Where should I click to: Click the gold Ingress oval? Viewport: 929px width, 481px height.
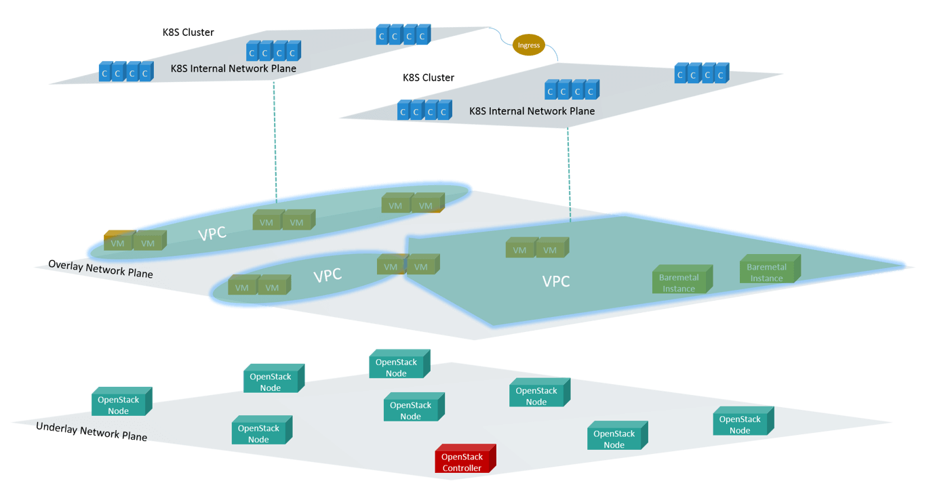(x=529, y=45)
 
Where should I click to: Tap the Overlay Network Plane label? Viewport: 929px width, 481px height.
(x=101, y=270)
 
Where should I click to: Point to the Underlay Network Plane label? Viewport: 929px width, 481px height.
(x=92, y=432)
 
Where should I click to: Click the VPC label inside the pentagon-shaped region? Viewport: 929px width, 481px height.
(x=556, y=281)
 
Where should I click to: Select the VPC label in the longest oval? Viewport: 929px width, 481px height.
(x=212, y=234)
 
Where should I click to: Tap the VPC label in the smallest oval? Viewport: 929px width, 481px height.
(x=328, y=276)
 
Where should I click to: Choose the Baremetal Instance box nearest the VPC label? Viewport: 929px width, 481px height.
(x=680, y=281)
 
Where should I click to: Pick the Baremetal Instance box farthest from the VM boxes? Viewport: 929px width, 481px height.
(x=768, y=271)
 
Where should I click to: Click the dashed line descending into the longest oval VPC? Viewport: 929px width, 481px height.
(x=276, y=142)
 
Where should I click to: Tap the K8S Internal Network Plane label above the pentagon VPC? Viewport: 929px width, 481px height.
(x=532, y=111)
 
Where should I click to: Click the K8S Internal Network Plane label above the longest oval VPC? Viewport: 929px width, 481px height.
(x=233, y=68)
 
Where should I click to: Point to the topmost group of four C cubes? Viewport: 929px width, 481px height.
(x=403, y=35)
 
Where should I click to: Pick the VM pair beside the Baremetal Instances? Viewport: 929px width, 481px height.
(x=535, y=249)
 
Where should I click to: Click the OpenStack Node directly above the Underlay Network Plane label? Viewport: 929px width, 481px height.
(x=120, y=404)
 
